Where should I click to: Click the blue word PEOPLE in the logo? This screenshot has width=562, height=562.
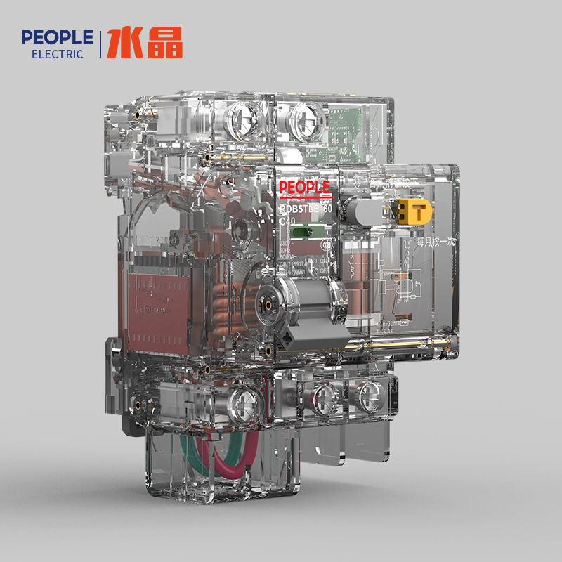(57, 37)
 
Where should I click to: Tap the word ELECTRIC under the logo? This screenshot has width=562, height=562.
(57, 54)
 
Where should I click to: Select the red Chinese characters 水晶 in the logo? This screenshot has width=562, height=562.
(145, 44)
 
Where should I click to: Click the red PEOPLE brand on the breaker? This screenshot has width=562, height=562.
(304, 188)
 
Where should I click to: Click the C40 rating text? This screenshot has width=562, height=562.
(287, 221)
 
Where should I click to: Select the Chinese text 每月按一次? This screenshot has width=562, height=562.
(436, 241)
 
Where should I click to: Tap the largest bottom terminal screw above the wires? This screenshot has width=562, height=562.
(245, 404)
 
